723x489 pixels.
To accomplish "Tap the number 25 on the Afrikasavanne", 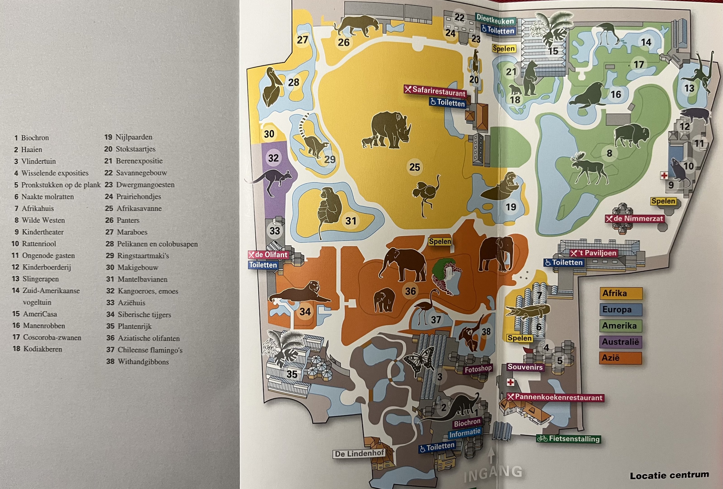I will (x=414, y=167).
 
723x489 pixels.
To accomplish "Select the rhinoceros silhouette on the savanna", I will (x=391, y=130).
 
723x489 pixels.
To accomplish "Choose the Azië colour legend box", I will (x=620, y=358).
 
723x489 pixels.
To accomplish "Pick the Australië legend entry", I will (x=620, y=342).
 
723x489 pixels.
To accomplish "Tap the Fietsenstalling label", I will (x=568, y=439).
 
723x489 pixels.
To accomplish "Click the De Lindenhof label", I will (x=359, y=453).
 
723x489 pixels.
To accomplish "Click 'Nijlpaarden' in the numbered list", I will (x=134, y=137).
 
